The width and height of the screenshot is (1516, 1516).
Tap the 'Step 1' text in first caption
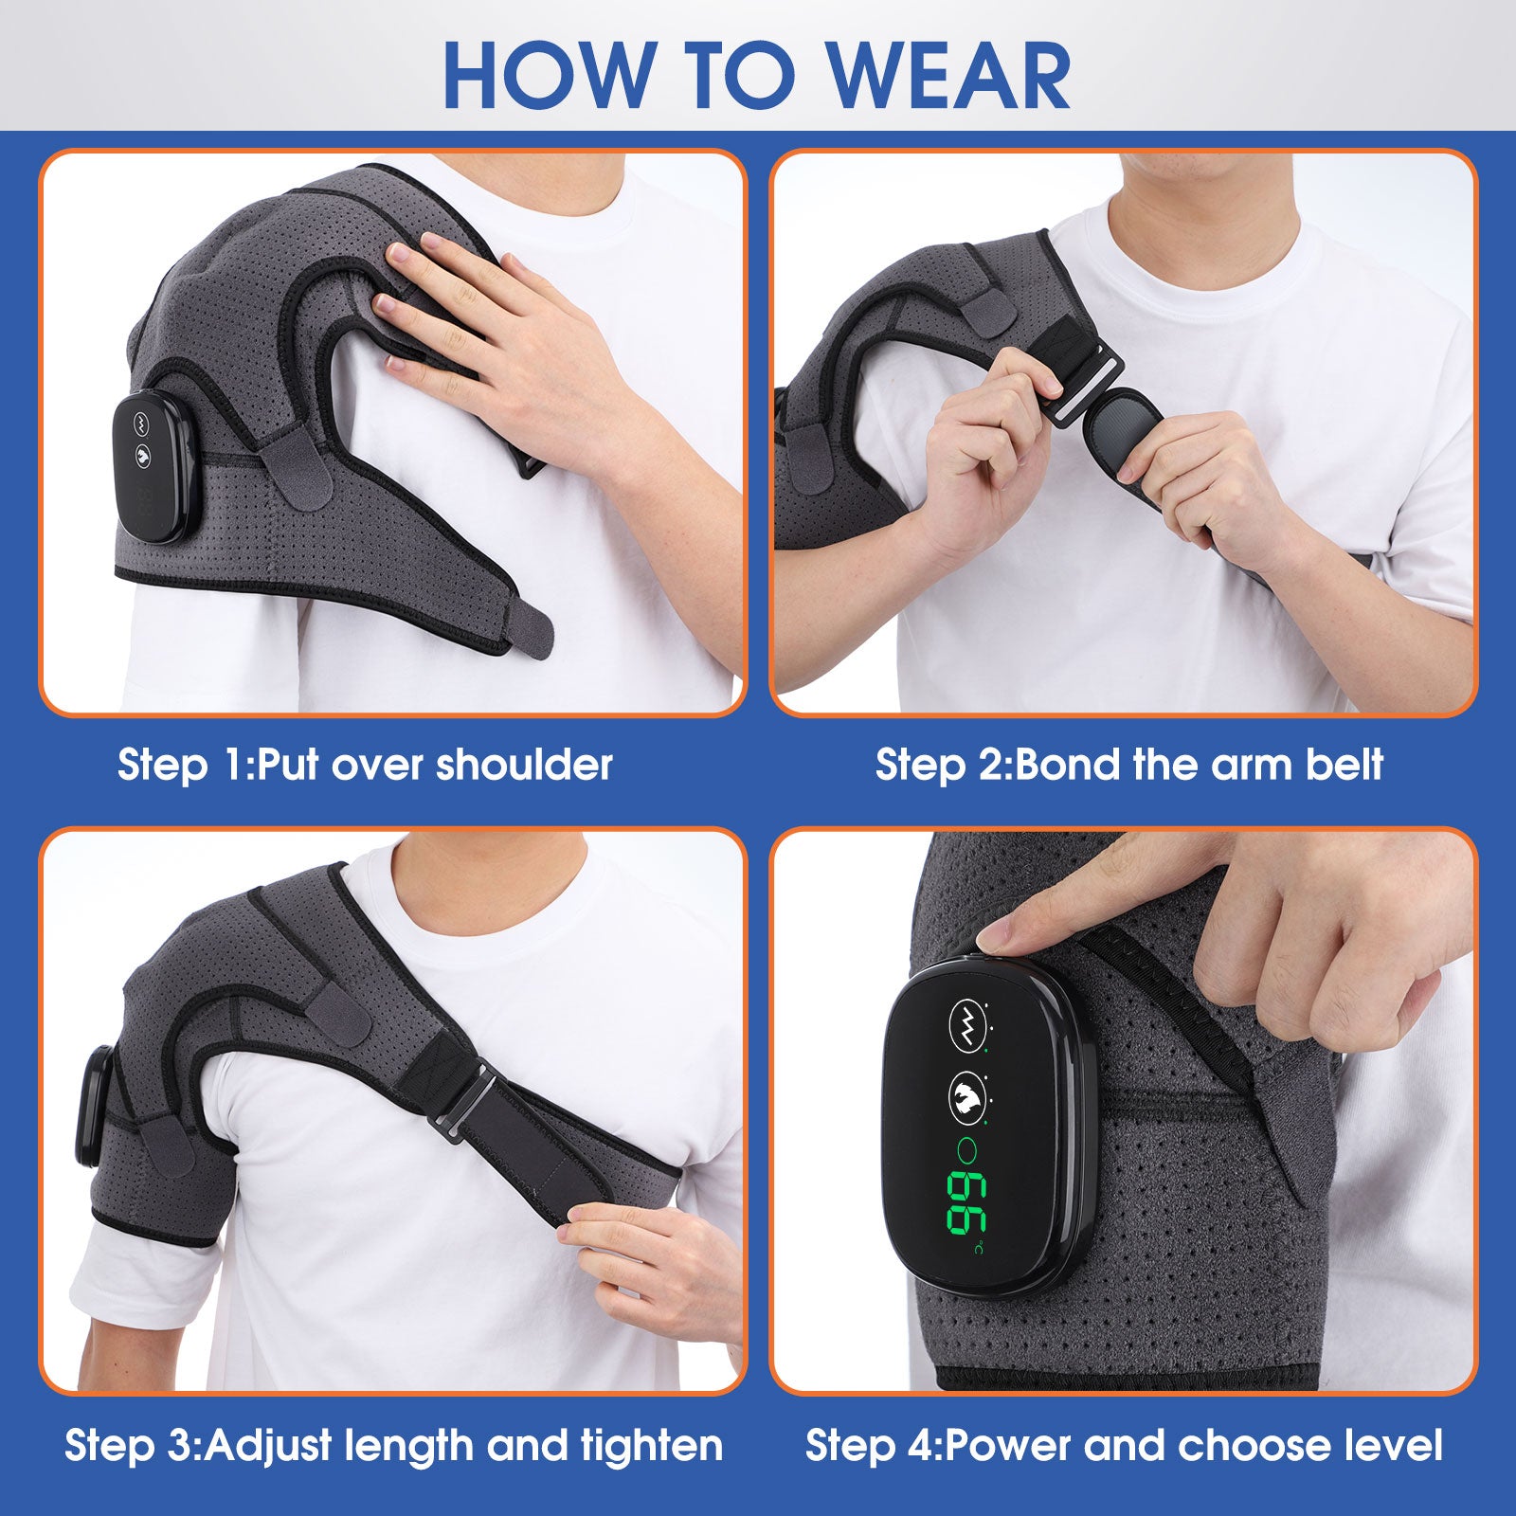180,765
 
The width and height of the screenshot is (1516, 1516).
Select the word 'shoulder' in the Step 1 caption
524,765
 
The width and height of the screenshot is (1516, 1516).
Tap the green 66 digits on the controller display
966,1202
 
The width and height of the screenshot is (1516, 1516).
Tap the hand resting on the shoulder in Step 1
493,332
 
